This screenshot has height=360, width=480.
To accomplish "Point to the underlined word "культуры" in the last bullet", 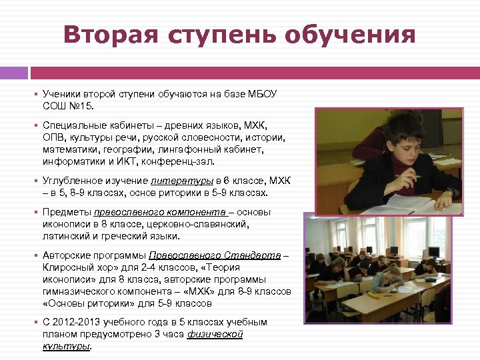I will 65,346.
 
